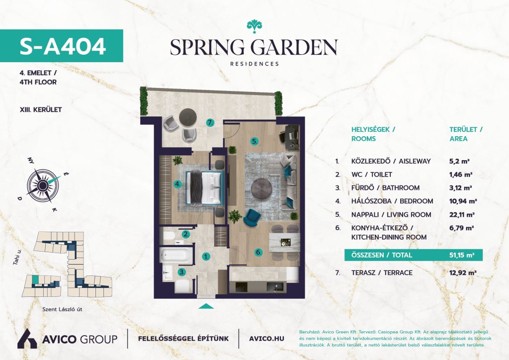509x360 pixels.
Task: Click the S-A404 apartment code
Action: [x=63, y=46]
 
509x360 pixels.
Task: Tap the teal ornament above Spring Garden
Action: [x=254, y=26]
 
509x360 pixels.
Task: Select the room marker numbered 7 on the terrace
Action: [x=211, y=123]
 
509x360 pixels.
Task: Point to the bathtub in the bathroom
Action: [x=175, y=255]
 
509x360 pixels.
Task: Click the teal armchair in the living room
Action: [x=252, y=217]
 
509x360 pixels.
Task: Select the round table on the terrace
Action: [x=188, y=117]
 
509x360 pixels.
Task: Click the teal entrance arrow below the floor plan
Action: [x=206, y=306]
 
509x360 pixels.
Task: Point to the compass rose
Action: [x=43, y=185]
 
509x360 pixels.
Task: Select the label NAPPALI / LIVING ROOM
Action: [x=391, y=215]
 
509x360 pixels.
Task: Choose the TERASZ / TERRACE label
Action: [x=382, y=272]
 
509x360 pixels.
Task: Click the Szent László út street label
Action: [x=62, y=309]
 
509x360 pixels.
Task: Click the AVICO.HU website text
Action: [x=266, y=339]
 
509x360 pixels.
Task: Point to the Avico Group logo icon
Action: [x=27, y=339]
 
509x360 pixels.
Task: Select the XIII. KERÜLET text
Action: [x=41, y=110]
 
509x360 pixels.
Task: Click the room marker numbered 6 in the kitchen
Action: [x=258, y=252]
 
